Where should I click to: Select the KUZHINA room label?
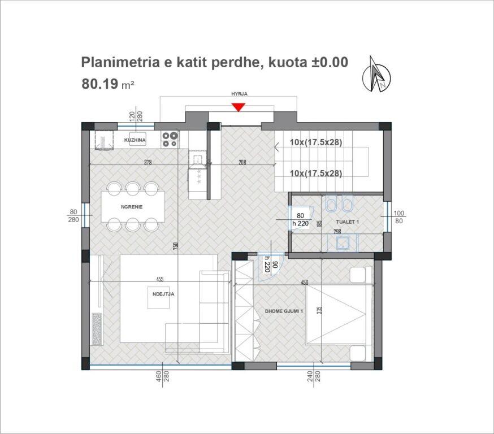[135, 140]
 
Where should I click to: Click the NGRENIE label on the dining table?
[132, 207]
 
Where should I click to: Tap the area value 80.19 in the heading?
[100, 84]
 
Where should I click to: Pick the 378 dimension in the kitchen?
[148, 163]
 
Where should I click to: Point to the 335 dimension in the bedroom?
[319, 310]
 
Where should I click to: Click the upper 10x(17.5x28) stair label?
[316, 142]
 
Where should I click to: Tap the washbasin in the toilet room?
[342, 244]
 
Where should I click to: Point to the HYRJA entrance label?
[239, 95]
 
